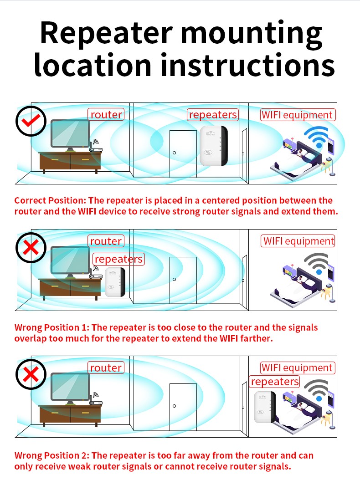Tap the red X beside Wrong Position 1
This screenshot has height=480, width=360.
31,247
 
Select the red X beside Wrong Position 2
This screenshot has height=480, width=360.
31,374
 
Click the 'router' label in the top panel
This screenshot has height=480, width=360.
106,114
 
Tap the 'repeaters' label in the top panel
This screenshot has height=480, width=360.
213,114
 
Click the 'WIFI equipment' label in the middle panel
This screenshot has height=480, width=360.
298,241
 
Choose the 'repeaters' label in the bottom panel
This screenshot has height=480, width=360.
274,382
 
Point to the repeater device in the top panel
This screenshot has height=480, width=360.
214,146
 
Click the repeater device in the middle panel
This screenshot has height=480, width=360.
115,282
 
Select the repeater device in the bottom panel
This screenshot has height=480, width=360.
265,407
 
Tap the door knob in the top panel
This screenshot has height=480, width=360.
175,153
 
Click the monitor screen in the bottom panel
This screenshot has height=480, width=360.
70,387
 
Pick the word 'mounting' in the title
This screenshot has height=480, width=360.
251,33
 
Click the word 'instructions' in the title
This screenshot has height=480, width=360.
247,65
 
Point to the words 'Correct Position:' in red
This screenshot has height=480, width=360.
50,200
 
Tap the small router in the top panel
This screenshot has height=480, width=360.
95,147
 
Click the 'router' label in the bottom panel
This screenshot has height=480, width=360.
106,368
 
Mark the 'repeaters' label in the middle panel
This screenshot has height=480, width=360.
118,259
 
